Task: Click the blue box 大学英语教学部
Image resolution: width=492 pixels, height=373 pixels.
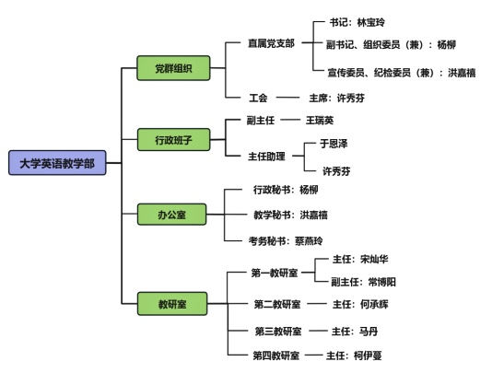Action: pos(57,163)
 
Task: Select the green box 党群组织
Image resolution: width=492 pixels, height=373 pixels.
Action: pos(173,68)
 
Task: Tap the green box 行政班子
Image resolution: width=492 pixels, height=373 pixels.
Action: pos(173,140)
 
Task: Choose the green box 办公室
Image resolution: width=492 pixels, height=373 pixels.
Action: pos(172,215)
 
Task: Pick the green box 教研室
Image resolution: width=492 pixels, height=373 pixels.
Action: pos(172,304)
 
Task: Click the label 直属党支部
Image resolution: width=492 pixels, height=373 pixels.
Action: pos(272,43)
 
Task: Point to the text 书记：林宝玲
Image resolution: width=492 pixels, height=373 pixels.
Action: pos(357,22)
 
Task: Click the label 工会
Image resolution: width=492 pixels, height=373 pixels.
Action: pos(258,98)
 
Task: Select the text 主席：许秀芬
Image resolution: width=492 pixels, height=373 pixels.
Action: pos(336,98)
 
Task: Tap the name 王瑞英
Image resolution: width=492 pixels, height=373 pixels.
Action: pos(320,120)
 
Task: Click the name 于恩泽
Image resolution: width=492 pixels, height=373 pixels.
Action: pos(334,144)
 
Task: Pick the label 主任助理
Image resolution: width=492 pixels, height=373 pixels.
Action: pos(266,156)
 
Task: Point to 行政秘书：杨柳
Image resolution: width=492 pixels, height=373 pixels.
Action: pos(286,190)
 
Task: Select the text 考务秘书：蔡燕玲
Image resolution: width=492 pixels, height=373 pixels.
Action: pos(286,241)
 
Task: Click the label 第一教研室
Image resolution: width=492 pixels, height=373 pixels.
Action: pos(275,273)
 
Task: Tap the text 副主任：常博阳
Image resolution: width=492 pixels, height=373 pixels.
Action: pos(363,282)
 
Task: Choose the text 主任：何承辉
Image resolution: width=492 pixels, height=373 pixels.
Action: pos(360,304)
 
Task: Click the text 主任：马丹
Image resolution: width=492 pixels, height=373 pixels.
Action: pos(355,332)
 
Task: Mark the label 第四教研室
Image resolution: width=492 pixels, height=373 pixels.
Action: pos(276,356)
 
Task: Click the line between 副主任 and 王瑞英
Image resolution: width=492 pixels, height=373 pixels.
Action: pos(290,120)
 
